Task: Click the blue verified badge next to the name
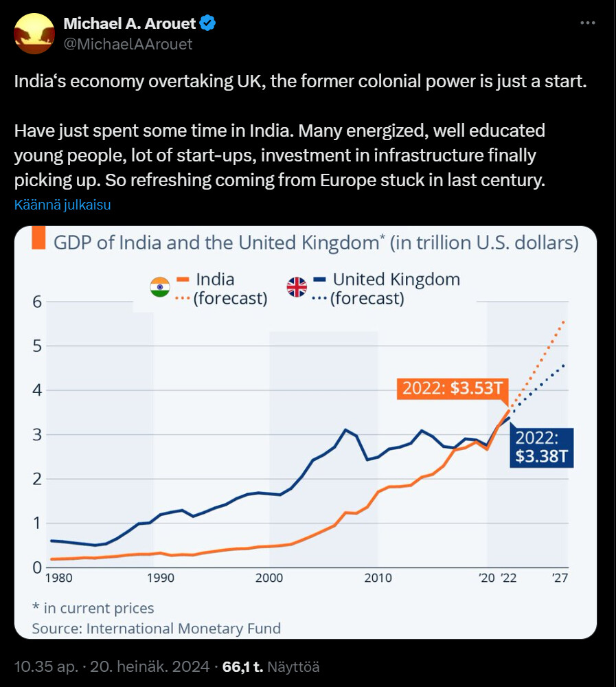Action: (x=208, y=24)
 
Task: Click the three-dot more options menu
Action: (x=587, y=23)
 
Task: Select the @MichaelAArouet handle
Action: (x=128, y=44)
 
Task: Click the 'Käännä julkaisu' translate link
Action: (x=62, y=205)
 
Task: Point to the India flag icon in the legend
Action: (x=159, y=287)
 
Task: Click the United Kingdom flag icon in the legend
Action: (x=297, y=287)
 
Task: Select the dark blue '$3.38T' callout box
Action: (x=540, y=447)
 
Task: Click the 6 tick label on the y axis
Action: (x=38, y=302)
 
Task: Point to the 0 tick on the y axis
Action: (x=38, y=567)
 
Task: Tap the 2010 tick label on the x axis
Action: (x=377, y=578)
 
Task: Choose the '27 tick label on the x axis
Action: (x=559, y=578)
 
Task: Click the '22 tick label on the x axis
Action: (x=509, y=578)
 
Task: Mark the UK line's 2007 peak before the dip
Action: (x=346, y=430)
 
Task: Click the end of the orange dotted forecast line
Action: (x=564, y=321)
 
